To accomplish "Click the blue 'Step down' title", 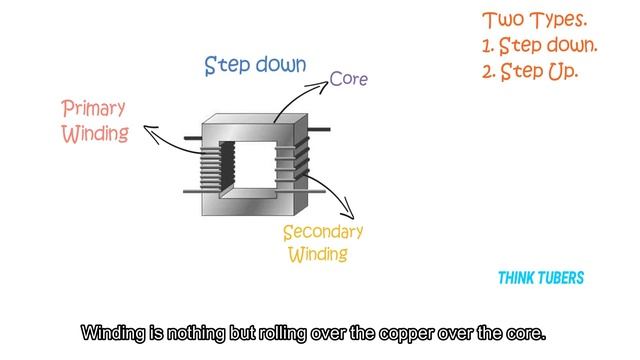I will pyautogui.click(x=255, y=66).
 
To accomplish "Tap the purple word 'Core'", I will pyautogui.click(x=349, y=79).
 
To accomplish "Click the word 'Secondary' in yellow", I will pyautogui.click(x=322, y=232).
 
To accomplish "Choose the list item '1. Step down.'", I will pyautogui.click(x=539, y=46).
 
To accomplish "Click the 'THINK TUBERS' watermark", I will pyautogui.click(x=541, y=279).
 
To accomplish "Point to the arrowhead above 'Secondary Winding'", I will pyautogui.click(x=348, y=212).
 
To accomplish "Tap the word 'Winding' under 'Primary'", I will pyautogui.click(x=95, y=133).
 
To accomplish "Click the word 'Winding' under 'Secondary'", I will pyautogui.click(x=318, y=254).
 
